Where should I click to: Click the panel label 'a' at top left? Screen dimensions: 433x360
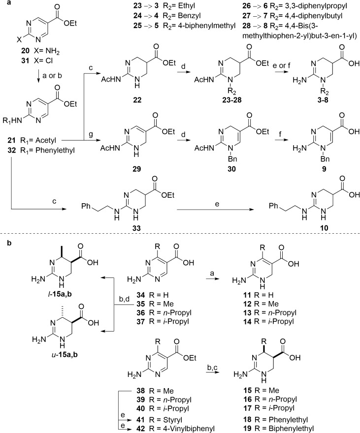[3, 4]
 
